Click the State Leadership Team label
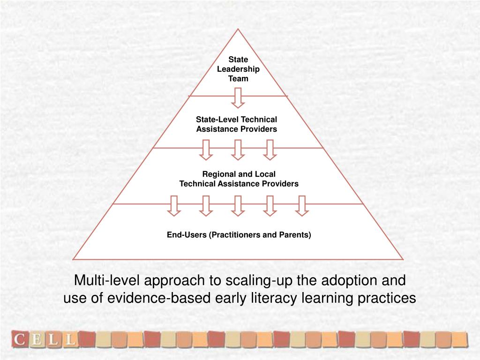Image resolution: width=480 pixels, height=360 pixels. pos(238,69)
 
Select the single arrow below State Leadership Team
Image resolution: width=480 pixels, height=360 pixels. pos(238,98)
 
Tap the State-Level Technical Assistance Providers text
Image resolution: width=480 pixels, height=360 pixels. pos(237,124)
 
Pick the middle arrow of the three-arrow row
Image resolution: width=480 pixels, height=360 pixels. pos(238,150)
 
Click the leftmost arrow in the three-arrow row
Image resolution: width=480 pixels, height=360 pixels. pos(206,150)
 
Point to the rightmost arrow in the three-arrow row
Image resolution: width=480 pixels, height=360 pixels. pos(270,150)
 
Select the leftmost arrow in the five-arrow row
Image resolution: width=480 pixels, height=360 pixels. pos(174,206)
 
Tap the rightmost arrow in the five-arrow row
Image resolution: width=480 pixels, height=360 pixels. pos(302,206)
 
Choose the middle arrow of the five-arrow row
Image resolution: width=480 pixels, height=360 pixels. pos(238,206)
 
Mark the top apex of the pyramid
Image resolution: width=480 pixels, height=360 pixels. pos(238,30)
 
